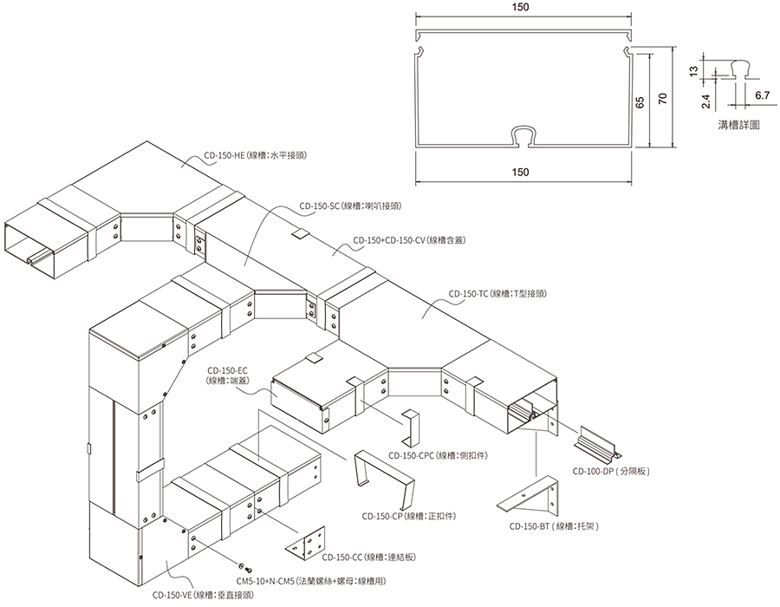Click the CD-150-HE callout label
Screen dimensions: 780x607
[255, 155]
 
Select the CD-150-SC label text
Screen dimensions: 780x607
[350, 206]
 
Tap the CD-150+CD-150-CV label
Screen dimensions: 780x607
[409, 240]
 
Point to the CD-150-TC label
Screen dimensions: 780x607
[497, 294]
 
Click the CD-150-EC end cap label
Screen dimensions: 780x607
[228, 375]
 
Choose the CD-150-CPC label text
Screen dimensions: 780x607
[439, 455]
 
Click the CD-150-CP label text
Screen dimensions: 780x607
[409, 517]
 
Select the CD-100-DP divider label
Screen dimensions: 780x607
[611, 471]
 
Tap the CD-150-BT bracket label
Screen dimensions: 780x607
[554, 526]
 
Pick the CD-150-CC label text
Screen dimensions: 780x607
[368, 558]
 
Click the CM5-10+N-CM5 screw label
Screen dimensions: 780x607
[311, 581]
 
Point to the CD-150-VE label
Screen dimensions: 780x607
[203, 595]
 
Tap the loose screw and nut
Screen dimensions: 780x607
[245, 567]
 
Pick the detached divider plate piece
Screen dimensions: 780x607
[597, 442]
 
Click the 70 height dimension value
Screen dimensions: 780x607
[662, 99]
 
